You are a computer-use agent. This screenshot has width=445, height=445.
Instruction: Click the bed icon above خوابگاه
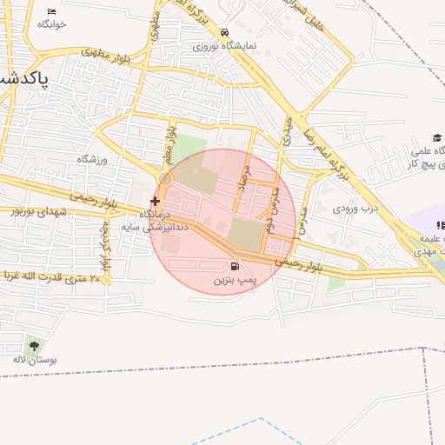52,11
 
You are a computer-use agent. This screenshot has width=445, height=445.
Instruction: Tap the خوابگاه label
52,24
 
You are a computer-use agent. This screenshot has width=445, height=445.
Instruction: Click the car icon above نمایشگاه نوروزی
225,31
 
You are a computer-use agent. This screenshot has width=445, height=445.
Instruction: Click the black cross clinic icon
155,201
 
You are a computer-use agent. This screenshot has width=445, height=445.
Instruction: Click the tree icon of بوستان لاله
34,345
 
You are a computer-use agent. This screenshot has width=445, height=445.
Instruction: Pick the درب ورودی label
357,209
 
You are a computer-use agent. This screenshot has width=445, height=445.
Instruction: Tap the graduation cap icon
437,138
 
